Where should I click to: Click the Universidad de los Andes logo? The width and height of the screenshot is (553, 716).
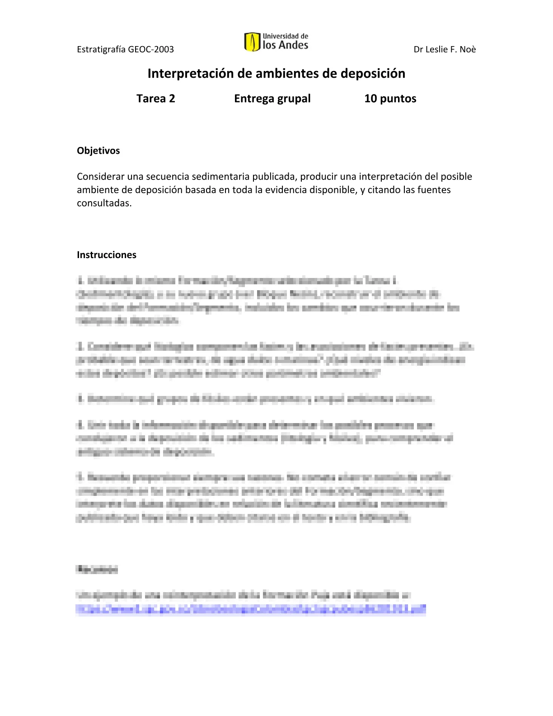click(x=276, y=42)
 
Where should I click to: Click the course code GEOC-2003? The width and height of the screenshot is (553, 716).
click(x=151, y=49)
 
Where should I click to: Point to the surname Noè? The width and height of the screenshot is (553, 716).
click(x=468, y=49)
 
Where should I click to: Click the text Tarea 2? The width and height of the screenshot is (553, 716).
click(x=155, y=99)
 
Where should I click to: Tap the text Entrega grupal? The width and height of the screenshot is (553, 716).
click(x=272, y=99)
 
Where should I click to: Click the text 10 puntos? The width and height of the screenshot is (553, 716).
click(x=390, y=99)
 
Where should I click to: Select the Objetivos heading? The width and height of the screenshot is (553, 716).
click(x=98, y=151)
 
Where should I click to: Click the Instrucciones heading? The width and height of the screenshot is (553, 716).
click(x=106, y=254)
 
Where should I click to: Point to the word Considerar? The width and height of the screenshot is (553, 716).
click(x=100, y=176)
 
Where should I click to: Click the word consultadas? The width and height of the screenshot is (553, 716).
click(x=104, y=203)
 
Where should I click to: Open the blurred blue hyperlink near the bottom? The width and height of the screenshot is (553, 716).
click(x=251, y=609)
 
